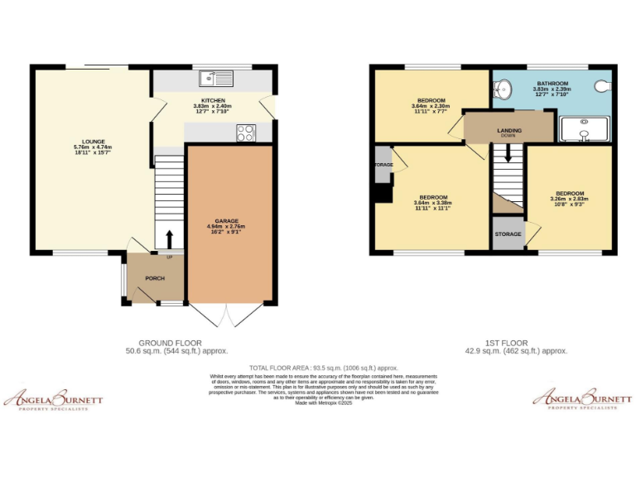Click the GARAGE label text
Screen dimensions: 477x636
(227, 220)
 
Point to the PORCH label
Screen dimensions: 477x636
(155, 278)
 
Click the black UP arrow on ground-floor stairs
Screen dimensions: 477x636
(170, 239)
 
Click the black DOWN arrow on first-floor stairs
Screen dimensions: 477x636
(508, 153)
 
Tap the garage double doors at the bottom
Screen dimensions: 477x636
(227, 315)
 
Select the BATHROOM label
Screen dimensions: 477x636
(552, 84)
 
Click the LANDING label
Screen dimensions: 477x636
(509, 130)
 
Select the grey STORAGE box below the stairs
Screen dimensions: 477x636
(508, 234)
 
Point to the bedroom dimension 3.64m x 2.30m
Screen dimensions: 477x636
(430, 106)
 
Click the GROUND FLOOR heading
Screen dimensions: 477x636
(170, 343)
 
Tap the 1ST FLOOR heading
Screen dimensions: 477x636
(507, 343)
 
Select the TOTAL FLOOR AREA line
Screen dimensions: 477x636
(324, 368)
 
